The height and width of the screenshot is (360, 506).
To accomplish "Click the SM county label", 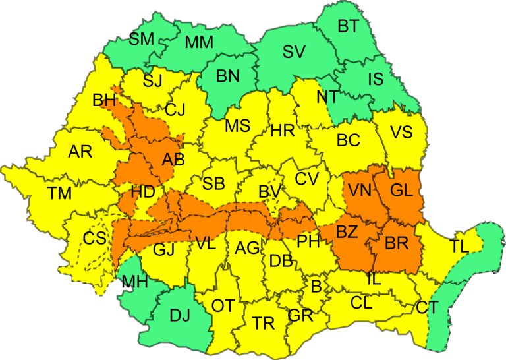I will [141, 39].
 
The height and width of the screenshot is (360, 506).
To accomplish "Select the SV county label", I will [295, 51].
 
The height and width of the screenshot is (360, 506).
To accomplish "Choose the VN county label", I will [360, 191].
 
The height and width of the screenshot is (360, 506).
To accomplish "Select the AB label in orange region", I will [173, 160].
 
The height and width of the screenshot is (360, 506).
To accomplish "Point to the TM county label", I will [60, 193].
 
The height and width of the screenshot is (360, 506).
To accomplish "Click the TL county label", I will [462, 247].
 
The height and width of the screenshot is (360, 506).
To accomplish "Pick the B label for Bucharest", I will [316, 285].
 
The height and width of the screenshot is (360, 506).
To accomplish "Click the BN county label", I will [228, 76].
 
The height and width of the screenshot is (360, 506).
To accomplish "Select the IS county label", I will [375, 80].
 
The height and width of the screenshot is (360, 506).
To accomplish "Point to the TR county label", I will [264, 323].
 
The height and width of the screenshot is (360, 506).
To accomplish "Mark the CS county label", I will [94, 239].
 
